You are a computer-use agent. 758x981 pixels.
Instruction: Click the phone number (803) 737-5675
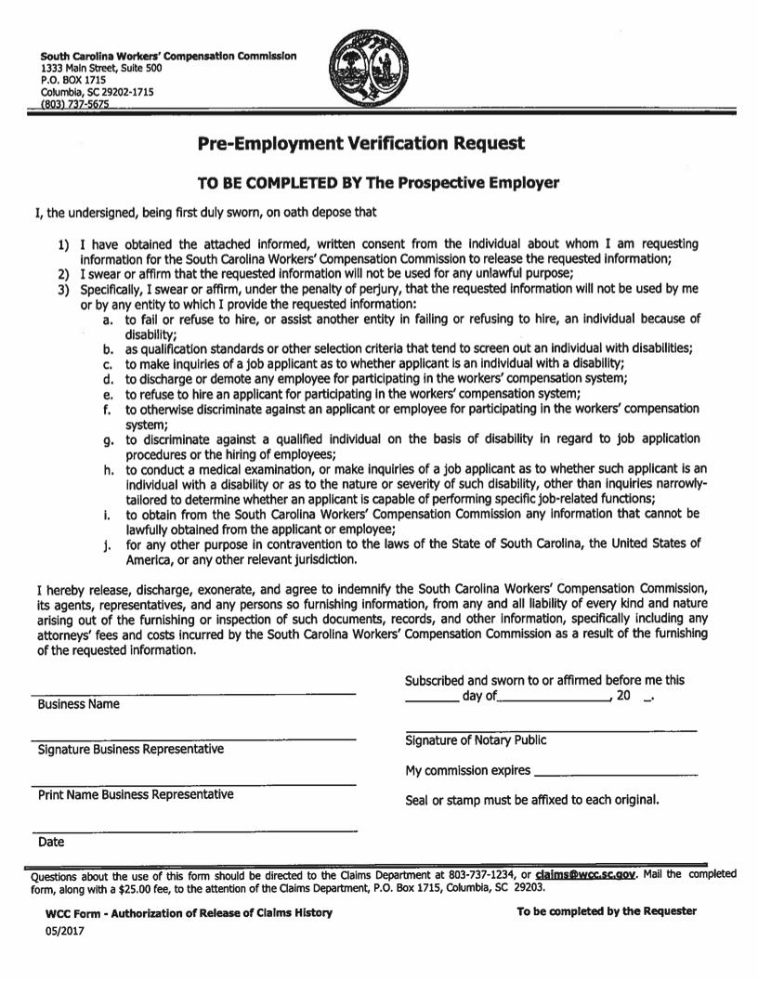[75, 105]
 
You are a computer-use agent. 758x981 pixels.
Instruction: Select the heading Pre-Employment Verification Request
[361, 143]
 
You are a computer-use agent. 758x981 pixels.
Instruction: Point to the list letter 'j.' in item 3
[108, 545]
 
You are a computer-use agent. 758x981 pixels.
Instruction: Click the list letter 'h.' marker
[108, 471]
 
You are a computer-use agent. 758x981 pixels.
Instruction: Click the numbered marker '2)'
[63, 274]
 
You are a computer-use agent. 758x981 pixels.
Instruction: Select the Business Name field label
[79, 704]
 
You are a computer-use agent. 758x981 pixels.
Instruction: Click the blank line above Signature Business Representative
[193, 739]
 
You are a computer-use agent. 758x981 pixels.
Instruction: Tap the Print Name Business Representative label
[136, 795]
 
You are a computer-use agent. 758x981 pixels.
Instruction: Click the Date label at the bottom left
[51, 843]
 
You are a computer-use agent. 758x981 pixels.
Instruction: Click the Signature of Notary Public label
[476, 740]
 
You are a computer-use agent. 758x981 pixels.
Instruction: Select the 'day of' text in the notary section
[480, 696]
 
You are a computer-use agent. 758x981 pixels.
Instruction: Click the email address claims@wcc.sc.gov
[585, 875]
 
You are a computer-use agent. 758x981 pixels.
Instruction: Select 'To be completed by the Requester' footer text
[606, 911]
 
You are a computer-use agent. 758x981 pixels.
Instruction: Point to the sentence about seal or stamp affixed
[532, 800]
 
